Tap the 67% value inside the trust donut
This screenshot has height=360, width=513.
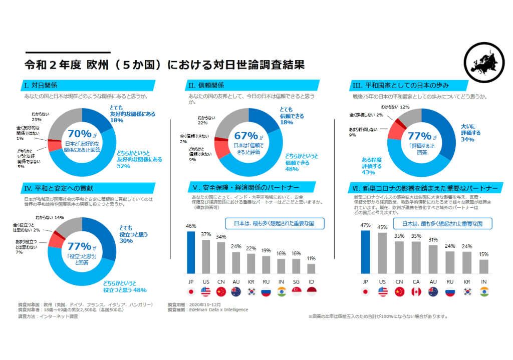click(x=245, y=136)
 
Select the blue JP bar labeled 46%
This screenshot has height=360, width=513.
click(x=191, y=252)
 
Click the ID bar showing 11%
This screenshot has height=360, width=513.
click(x=311, y=268)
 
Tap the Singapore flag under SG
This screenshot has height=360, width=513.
click(x=296, y=291)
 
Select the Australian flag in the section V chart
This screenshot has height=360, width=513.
click(x=236, y=291)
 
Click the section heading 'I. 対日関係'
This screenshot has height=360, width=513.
click(x=41, y=85)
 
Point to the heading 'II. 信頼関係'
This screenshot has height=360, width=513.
click(x=206, y=85)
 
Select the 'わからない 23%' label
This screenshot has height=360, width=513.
click(x=40, y=117)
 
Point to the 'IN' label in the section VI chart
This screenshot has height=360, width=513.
click(x=483, y=282)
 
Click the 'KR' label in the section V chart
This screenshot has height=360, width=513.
click(x=251, y=282)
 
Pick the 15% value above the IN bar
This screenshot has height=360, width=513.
click(x=483, y=255)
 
